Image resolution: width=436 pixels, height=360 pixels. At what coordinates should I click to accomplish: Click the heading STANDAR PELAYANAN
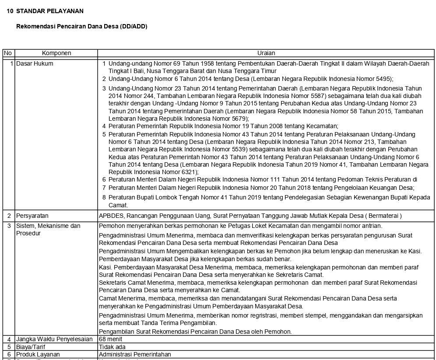(x=49, y=11)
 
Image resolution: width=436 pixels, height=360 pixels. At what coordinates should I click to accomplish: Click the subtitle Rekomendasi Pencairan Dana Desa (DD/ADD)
(x=81, y=26)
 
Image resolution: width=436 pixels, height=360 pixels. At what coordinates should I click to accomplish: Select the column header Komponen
(x=56, y=53)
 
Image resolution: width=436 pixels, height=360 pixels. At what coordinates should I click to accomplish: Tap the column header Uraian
(x=266, y=53)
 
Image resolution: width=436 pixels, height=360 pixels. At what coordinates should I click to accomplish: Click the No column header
(x=8, y=53)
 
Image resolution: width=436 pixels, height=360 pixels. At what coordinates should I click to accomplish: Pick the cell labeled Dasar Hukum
(x=35, y=63)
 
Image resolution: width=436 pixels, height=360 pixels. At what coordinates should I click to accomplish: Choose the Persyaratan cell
(x=32, y=216)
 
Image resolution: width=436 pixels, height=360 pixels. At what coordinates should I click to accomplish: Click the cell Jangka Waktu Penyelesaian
(x=54, y=339)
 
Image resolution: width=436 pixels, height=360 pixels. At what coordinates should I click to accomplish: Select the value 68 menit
(x=110, y=339)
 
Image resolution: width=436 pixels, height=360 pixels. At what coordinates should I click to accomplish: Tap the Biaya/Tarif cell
(x=31, y=347)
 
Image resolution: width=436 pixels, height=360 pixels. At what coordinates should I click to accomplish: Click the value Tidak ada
(x=112, y=347)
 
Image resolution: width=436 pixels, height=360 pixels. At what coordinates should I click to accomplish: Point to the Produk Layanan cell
(x=38, y=354)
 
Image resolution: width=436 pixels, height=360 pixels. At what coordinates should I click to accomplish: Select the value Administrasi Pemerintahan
(x=135, y=354)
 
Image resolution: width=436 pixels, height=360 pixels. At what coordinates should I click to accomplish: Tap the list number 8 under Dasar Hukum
(x=104, y=197)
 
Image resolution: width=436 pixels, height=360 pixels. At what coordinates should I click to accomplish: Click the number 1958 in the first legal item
(x=198, y=63)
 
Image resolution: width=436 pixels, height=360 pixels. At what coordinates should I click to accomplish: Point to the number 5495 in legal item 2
(x=383, y=79)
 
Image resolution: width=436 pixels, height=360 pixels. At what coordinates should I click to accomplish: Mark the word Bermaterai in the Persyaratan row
(x=384, y=216)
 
